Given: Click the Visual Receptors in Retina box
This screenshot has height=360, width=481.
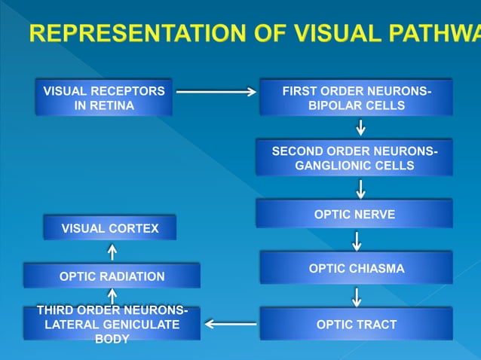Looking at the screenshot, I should click(x=104, y=98).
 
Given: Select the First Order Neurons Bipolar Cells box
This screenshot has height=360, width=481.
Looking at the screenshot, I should click(x=356, y=98).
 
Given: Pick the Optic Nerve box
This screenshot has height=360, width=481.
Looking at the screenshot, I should click(x=354, y=214).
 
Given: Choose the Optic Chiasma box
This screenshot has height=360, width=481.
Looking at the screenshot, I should click(x=356, y=268).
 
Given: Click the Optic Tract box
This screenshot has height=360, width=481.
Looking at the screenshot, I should click(x=356, y=325).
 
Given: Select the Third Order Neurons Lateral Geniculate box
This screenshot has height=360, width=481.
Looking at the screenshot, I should click(x=112, y=325).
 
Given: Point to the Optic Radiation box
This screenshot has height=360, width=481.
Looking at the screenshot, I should click(x=112, y=276).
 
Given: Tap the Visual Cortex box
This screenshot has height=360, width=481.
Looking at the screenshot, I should click(x=110, y=227).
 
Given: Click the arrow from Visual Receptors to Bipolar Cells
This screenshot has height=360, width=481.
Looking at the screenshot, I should click(x=216, y=92).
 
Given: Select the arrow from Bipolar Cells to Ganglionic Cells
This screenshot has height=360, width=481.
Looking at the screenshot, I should click(x=361, y=127).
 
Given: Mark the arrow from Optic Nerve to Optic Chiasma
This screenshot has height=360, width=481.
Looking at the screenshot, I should click(x=357, y=240).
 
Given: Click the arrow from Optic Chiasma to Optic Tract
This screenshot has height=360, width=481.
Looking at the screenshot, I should click(x=357, y=296).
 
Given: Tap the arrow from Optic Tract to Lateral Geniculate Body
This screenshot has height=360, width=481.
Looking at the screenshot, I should click(x=231, y=325).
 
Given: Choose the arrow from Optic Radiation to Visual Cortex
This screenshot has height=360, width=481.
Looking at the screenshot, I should click(x=112, y=252).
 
